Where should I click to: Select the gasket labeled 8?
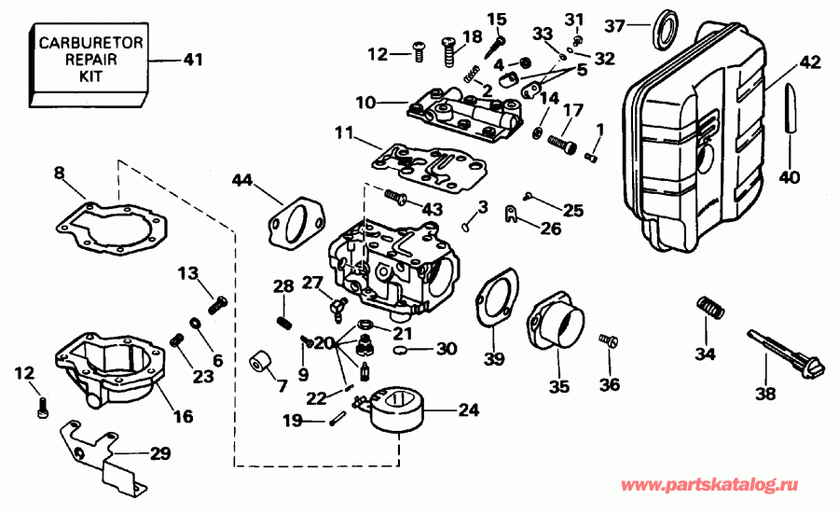pos(111,225)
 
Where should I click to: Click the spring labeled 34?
pos(711,307)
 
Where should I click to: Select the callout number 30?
pos(447,350)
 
